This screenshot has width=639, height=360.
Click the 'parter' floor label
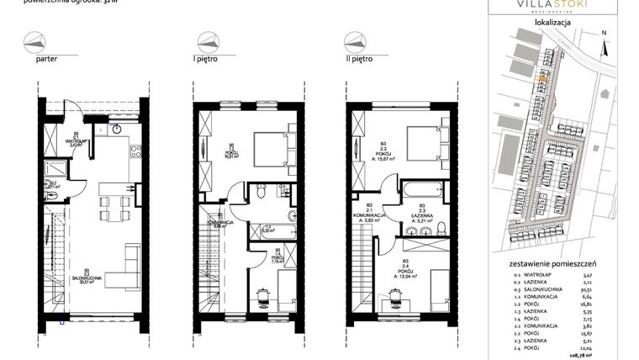tap(46, 61)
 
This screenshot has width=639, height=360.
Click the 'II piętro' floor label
tap(359, 61)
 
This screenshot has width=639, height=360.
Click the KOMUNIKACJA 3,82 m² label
tap(369, 216)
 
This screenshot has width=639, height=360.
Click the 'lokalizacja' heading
tap(552, 23)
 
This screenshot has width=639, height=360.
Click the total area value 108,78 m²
tap(609, 353)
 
